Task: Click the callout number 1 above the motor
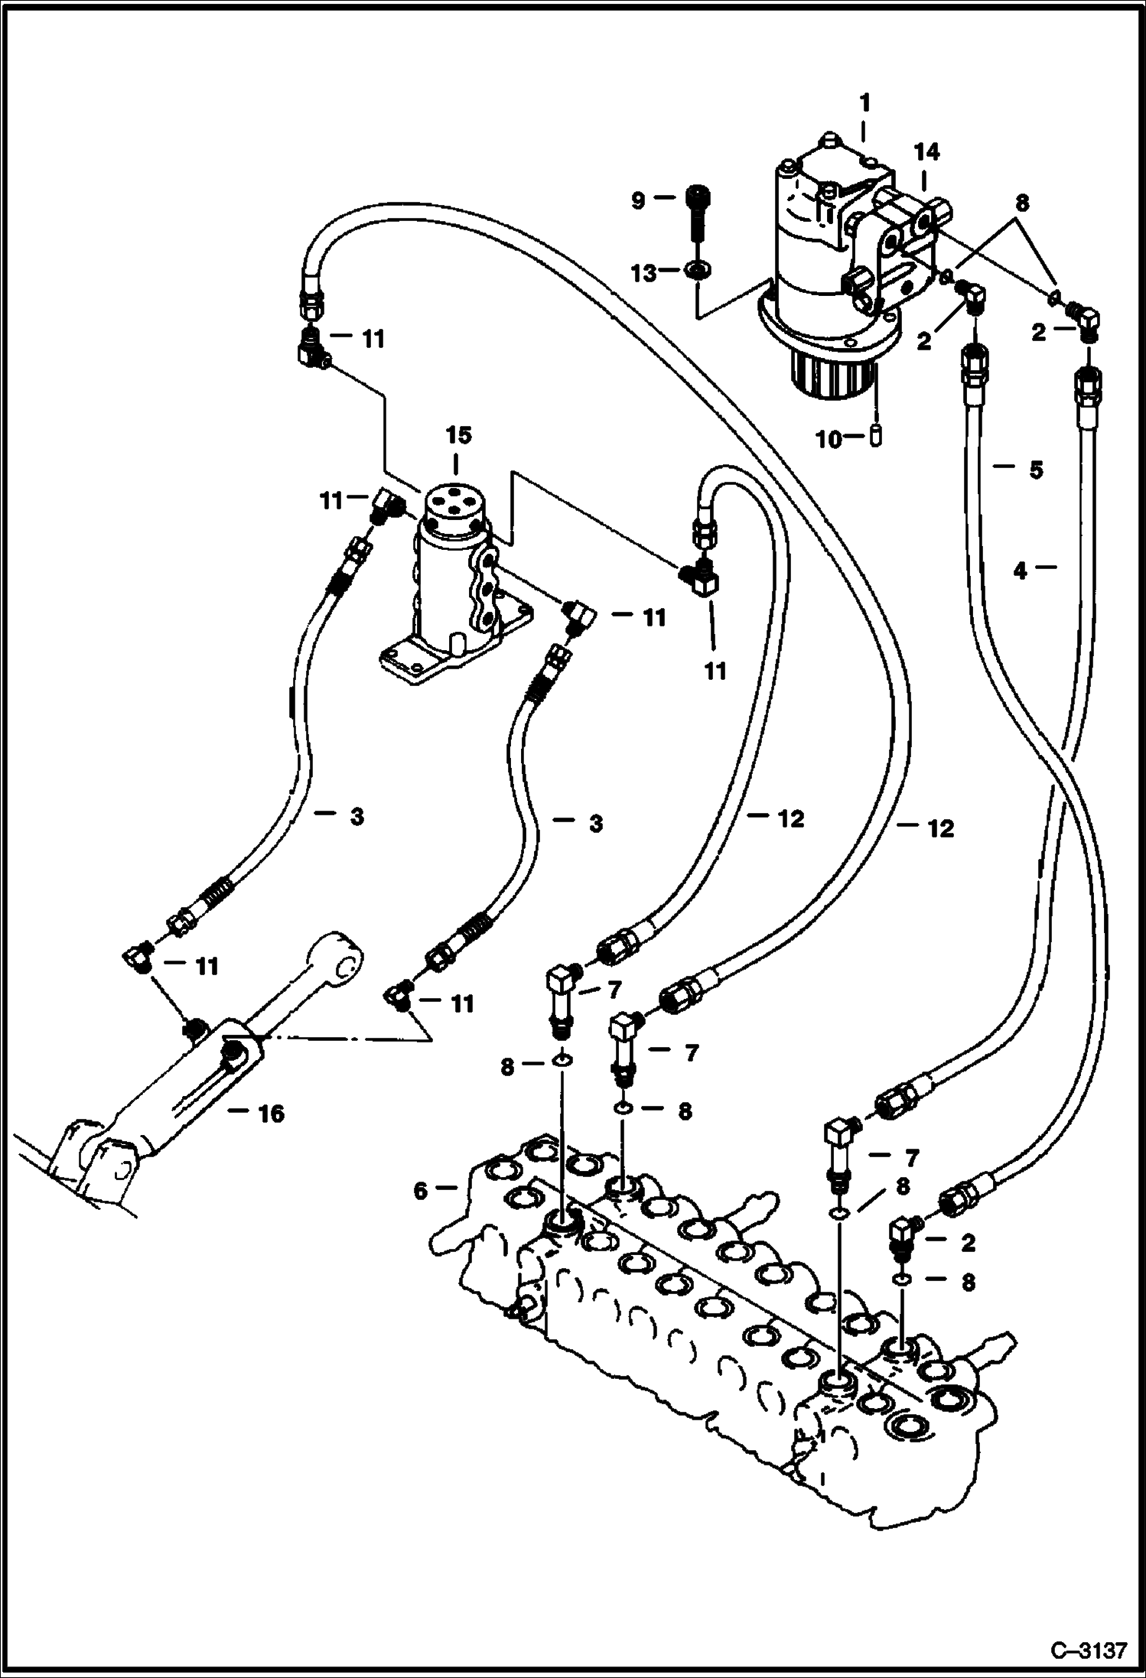[x=864, y=102]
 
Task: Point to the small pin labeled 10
[x=877, y=437]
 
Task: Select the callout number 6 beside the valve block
[x=420, y=1191]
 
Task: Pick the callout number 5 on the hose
[x=1036, y=469]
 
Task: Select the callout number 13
[x=644, y=272]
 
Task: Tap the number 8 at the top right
[x=1022, y=203]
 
